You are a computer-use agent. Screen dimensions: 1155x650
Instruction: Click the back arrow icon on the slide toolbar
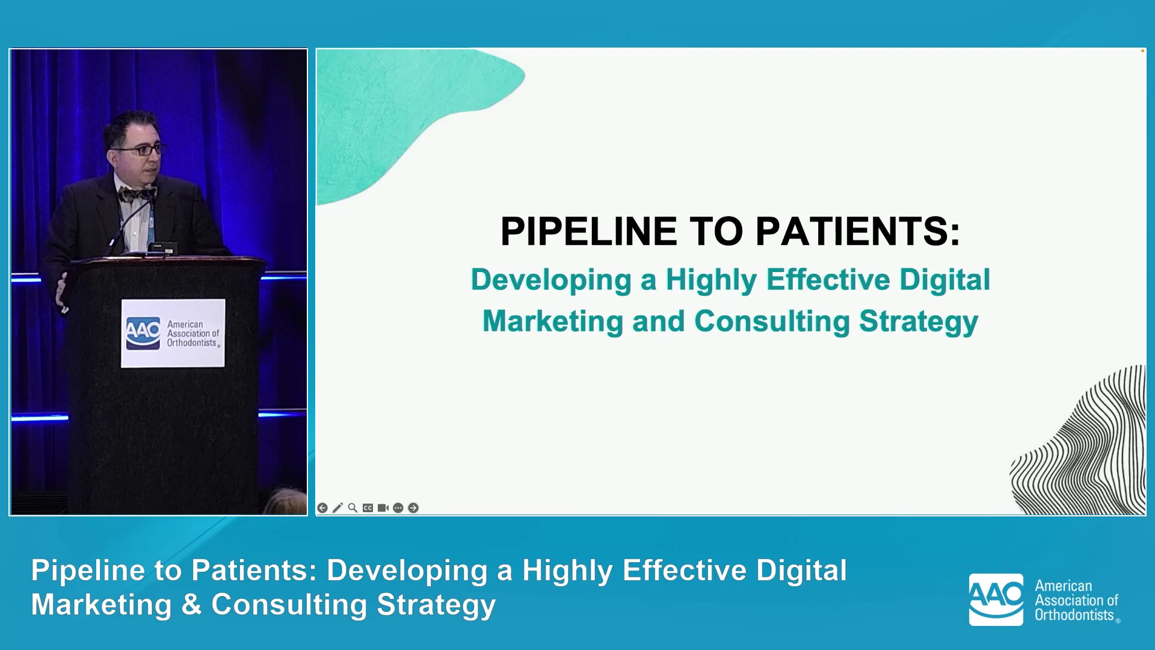322,508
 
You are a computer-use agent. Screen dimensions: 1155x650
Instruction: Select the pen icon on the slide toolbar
337,508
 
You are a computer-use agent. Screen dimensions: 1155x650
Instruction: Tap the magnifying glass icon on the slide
353,508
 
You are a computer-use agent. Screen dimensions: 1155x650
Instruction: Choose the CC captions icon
368,508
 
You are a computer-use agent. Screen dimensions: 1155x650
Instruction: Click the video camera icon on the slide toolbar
383,508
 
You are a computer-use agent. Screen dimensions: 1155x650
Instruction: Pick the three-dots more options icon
398,508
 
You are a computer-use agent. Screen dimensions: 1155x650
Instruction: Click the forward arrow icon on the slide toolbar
413,508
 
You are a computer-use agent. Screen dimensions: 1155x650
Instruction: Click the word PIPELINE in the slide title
589,231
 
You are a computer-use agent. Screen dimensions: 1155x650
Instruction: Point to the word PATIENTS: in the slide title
858,231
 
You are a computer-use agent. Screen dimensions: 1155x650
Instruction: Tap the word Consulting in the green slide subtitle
772,321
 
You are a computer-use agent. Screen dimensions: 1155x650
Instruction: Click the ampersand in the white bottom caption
191,605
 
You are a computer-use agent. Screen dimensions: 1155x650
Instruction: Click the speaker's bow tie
137,194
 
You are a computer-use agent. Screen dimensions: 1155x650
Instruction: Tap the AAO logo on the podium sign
143,333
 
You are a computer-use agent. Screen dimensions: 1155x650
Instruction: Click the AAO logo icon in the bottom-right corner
996,599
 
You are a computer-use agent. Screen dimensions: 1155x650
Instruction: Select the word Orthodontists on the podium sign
192,343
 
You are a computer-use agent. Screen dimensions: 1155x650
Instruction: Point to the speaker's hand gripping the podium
61,293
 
